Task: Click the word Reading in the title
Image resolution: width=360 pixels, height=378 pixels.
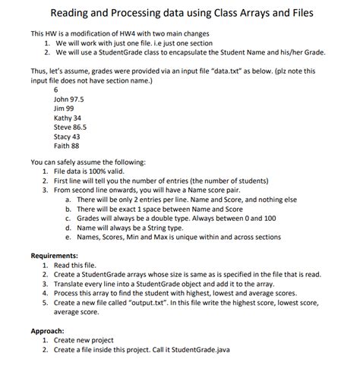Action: [x=74, y=14]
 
